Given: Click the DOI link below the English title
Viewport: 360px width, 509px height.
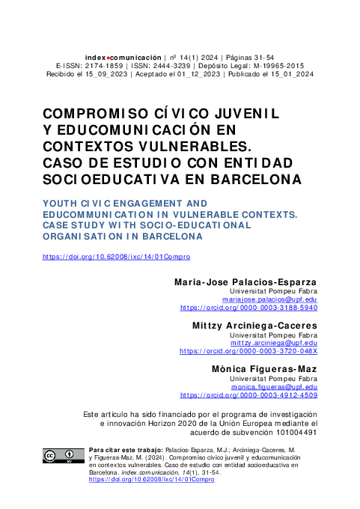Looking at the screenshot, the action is point(117,257).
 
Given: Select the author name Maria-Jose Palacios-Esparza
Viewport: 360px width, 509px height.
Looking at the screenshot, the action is point(245,282).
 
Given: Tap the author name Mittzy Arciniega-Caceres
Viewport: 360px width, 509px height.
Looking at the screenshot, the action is point(256,326).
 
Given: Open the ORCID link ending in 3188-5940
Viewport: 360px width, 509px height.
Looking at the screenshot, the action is point(249,308).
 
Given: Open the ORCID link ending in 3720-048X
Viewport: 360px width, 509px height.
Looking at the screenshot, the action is point(249,351).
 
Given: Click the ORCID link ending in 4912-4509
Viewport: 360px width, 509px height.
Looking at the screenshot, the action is point(249,395).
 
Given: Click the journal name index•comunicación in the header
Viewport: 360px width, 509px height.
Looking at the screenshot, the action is point(123,57).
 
